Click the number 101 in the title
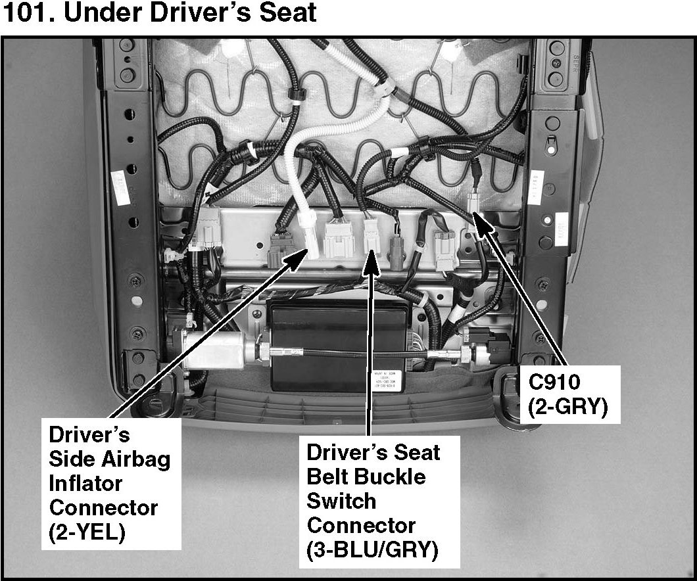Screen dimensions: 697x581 point(25,13)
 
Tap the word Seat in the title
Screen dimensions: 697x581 point(288,13)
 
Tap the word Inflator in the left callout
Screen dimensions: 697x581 point(86,484)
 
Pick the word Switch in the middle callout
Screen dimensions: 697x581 point(341,501)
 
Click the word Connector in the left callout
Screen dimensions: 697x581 point(104,508)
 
